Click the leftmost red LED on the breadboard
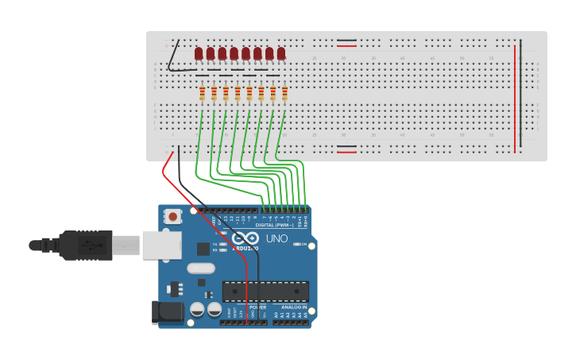(x=199, y=54)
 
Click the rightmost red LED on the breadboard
(x=281, y=54)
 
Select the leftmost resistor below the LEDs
(x=202, y=94)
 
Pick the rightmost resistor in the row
(x=285, y=94)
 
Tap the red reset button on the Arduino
(x=172, y=216)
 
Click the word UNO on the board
(x=276, y=238)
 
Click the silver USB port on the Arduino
(x=161, y=245)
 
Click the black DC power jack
(x=166, y=312)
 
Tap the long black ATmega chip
(x=265, y=292)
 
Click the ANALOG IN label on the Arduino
(x=293, y=307)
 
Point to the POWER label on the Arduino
(x=257, y=307)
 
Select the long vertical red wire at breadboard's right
(x=515, y=99)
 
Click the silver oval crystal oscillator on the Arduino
(x=201, y=269)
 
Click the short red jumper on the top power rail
(x=346, y=46)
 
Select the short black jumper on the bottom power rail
(x=346, y=146)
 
